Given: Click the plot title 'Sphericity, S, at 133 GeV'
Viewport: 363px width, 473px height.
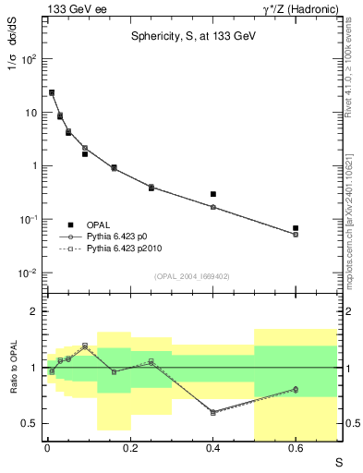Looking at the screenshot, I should point(188,37).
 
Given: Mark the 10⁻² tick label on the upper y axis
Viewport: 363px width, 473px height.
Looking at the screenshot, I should point(27,273).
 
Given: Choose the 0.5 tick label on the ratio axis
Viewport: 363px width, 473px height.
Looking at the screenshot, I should point(29,423).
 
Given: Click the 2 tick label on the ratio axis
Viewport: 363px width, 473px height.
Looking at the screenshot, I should point(32,311).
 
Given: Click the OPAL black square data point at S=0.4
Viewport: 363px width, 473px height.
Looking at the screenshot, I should point(213,194).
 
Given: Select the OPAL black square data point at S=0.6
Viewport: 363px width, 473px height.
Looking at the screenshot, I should point(296,227).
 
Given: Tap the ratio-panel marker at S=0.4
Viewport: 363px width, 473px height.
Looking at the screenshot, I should point(213,412).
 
